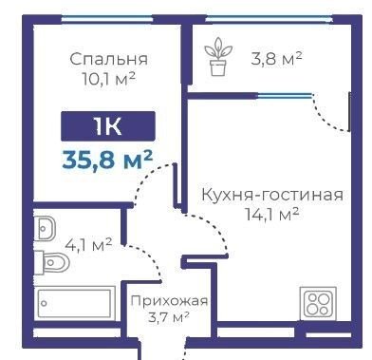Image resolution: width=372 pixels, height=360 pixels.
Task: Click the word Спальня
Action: [x=108, y=59]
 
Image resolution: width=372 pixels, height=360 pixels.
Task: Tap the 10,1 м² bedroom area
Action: [x=109, y=78]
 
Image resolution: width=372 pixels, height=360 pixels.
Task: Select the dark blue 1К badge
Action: [x=108, y=126]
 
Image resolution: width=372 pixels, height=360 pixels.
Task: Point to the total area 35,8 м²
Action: [x=107, y=160]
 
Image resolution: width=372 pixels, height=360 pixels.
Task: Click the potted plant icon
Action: [x=218, y=57]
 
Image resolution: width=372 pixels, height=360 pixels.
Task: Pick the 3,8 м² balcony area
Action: [x=276, y=59]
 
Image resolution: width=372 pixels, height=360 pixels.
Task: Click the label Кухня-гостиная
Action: [x=272, y=195]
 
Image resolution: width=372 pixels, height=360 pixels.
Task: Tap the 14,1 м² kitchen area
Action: [x=272, y=214]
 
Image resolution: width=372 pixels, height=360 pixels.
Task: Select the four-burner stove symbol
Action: [x=319, y=303]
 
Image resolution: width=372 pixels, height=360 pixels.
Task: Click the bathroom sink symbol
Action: [x=45, y=229]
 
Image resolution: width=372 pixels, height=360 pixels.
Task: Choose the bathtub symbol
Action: [x=74, y=303]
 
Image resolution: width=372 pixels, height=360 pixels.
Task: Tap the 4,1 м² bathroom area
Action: [x=88, y=245]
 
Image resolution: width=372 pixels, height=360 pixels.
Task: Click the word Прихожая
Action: [x=169, y=300]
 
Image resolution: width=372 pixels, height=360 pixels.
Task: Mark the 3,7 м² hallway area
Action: [x=169, y=316]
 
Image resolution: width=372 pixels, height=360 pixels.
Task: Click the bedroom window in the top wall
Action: [x=106, y=20]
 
